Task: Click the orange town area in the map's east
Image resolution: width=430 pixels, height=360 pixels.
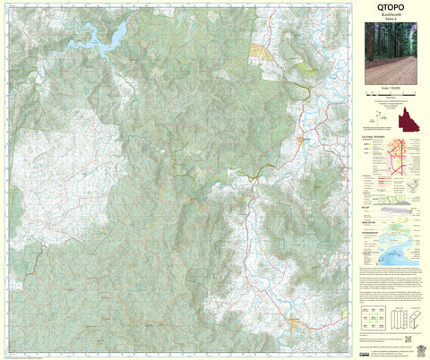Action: (x=302, y=140)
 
